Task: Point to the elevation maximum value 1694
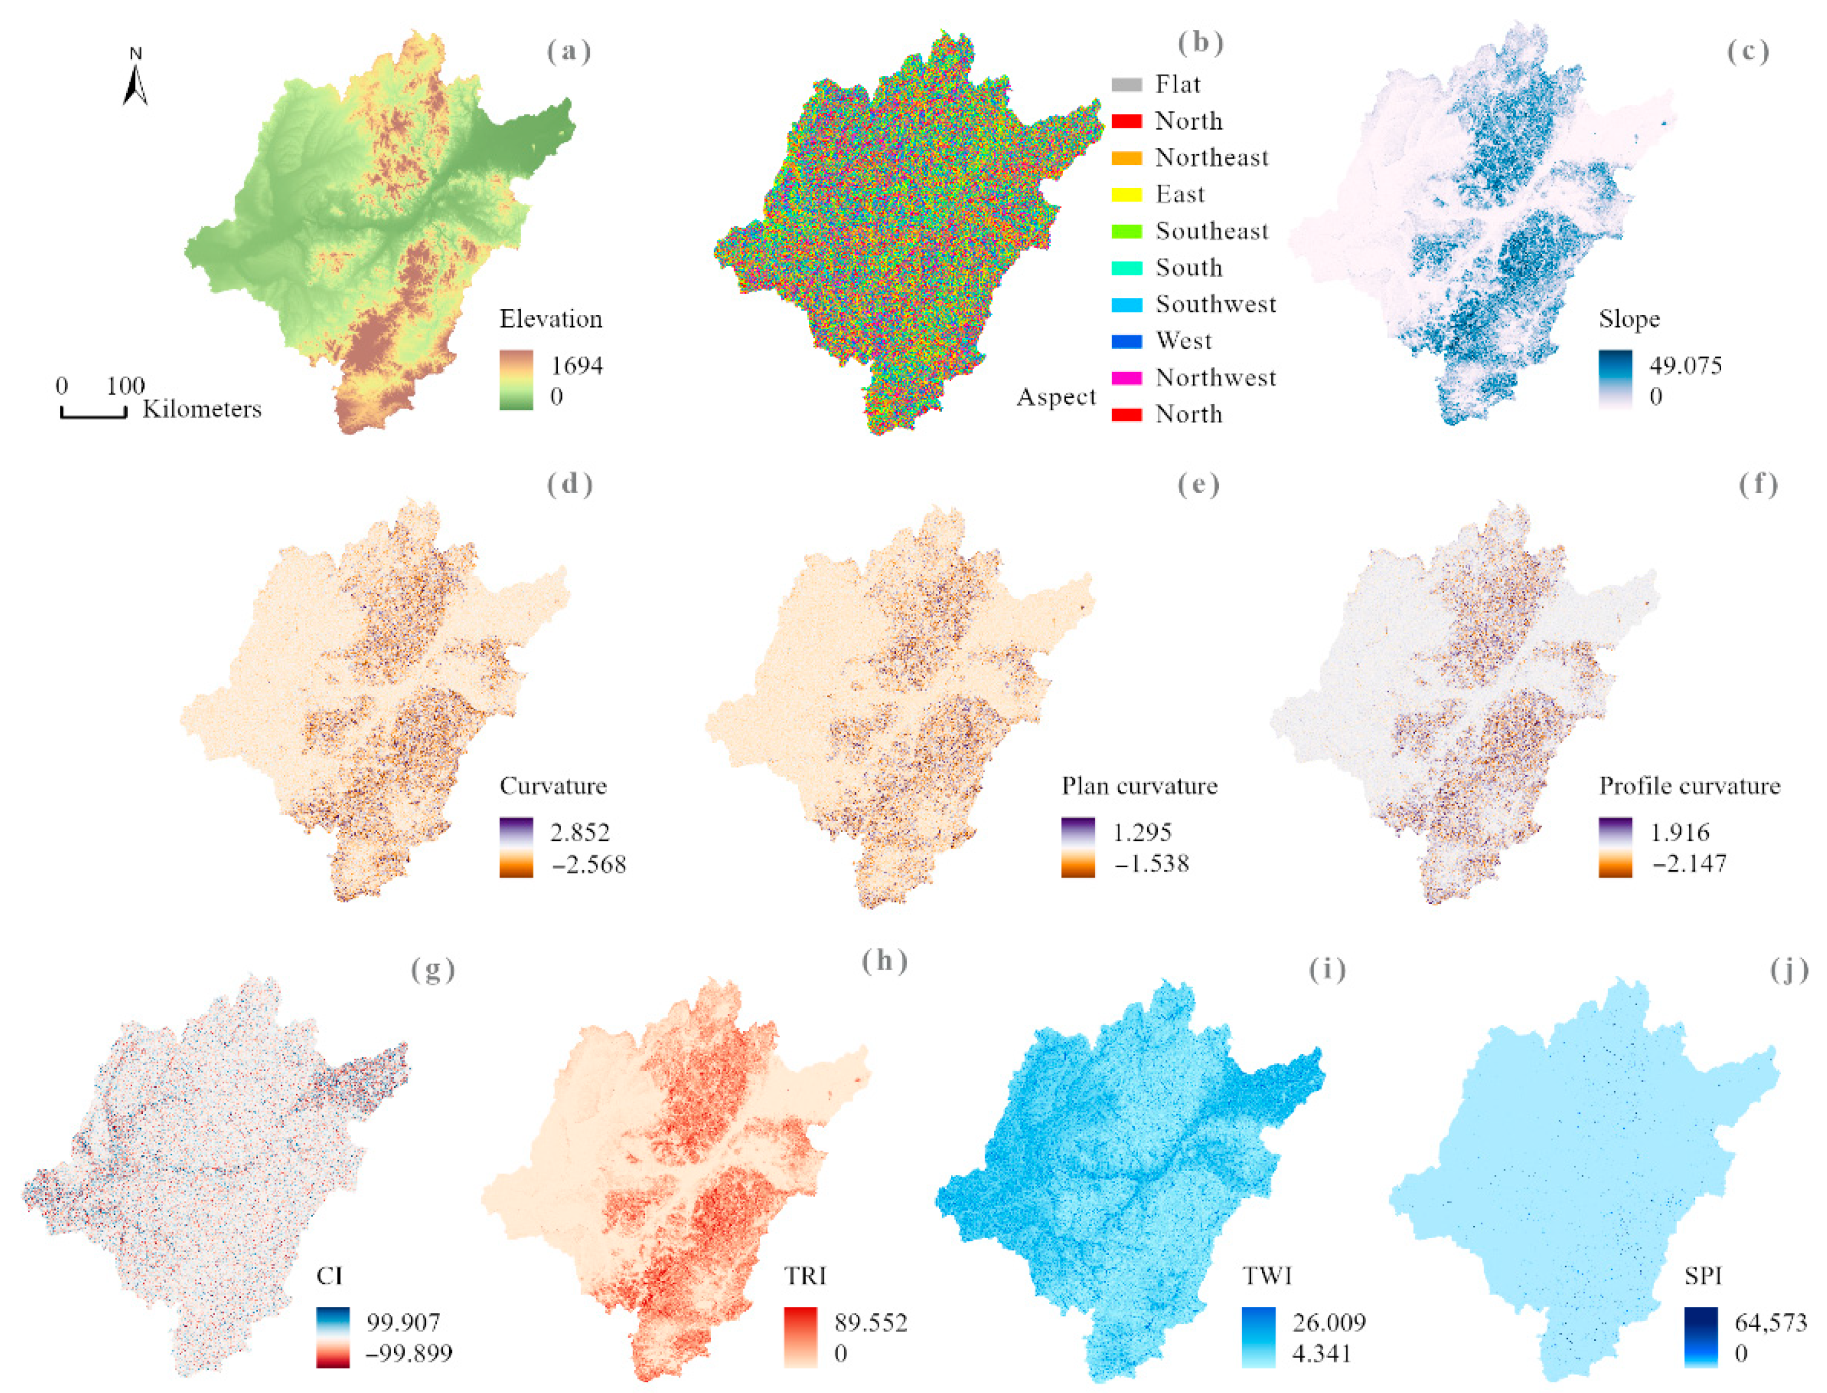[577, 366]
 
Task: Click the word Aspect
[1055, 397]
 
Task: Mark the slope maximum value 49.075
[1685, 366]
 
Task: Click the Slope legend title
[1629, 319]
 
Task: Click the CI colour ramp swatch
[333, 1337]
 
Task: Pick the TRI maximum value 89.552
[870, 1323]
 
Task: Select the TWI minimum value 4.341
[1322, 1354]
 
